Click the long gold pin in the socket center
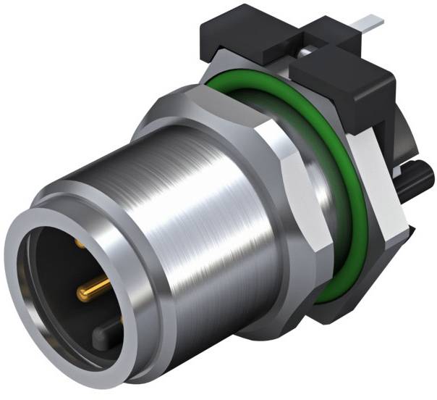93,291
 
